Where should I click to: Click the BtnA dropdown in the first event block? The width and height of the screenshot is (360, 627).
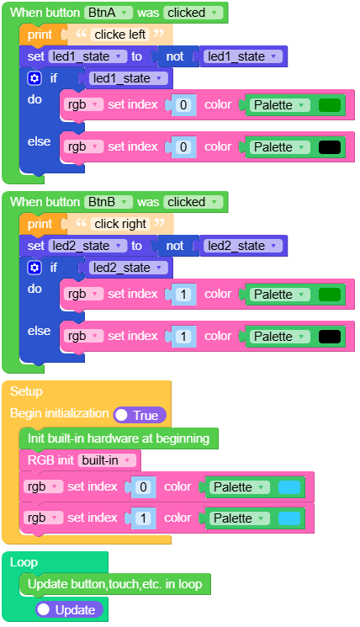tap(109, 13)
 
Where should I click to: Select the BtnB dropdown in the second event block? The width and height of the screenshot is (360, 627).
tap(109, 202)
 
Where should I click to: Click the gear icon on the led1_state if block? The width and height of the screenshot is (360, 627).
tap(34, 78)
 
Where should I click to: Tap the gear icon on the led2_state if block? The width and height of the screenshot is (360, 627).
tap(34, 268)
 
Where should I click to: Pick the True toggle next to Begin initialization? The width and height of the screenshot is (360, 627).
tap(140, 415)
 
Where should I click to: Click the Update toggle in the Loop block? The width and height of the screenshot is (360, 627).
tap(69, 609)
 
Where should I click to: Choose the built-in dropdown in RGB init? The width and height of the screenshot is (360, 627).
tap(108, 460)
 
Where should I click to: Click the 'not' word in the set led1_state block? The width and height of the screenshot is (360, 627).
tap(174, 56)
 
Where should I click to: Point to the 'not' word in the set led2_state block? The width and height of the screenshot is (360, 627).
tap(174, 246)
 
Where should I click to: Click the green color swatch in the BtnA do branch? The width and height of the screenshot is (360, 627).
tap(330, 105)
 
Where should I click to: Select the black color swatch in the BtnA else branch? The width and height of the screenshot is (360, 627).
tap(330, 147)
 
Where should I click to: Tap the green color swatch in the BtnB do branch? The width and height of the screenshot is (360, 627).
tap(330, 295)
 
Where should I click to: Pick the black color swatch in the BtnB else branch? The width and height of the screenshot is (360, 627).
tap(330, 337)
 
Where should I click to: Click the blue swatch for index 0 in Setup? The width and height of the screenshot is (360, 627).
tap(289, 487)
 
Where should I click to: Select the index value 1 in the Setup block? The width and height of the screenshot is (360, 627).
tap(143, 518)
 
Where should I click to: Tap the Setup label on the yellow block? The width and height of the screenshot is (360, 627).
tap(26, 391)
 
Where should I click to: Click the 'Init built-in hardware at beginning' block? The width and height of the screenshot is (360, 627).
tap(118, 438)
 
